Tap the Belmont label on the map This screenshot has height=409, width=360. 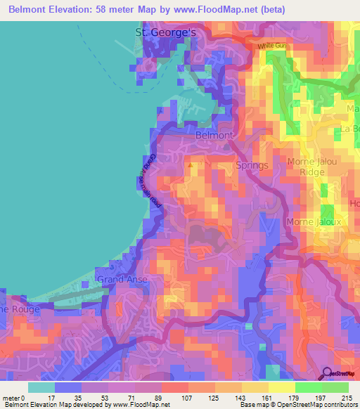tap(214, 135)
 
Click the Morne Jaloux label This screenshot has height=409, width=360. tap(313, 222)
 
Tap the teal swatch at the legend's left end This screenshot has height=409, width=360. tap(41, 387)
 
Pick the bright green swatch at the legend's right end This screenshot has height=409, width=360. tap(335, 387)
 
